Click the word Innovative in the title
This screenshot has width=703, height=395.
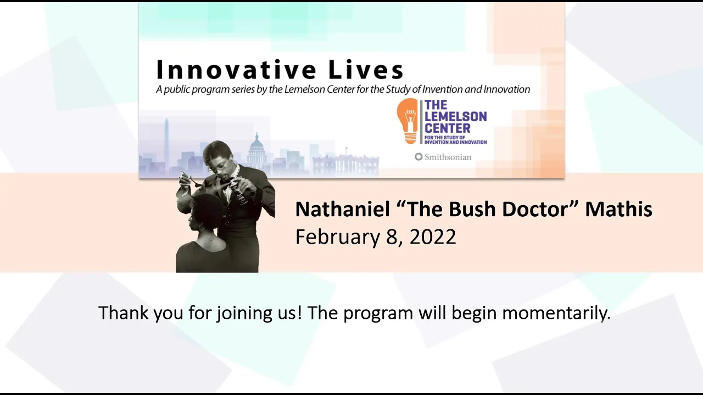point(236,69)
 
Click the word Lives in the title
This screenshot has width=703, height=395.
point(366,69)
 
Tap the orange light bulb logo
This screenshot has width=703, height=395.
point(408,121)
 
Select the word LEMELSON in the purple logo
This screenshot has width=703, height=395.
point(455,116)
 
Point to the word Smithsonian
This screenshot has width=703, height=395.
point(448,157)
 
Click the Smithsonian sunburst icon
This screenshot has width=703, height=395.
point(419,157)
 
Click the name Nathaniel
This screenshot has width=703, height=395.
point(342,209)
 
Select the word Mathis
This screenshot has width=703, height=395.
point(618,209)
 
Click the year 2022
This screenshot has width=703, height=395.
point(433,236)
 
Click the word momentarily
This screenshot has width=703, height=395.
point(556,313)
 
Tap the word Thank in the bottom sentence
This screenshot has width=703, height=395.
point(124,313)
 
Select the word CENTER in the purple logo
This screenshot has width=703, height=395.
point(447,128)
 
